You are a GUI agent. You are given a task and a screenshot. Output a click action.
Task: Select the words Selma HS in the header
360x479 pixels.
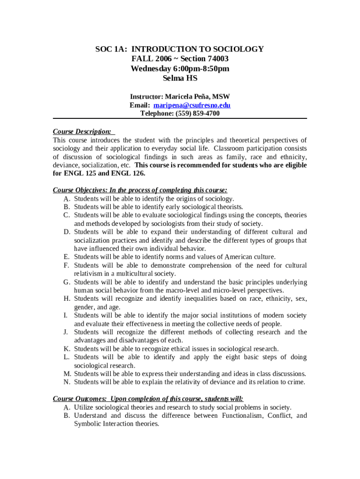click(x=180, y=79)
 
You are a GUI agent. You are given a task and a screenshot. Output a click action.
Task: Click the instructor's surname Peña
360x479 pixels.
click(x=202, y=97)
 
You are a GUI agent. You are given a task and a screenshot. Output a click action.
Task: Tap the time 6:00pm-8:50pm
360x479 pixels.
click(x=200, y=69)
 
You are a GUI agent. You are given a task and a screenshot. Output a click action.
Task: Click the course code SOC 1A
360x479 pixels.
click(x=111, y=49)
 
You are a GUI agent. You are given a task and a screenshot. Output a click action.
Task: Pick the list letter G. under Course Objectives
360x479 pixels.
click(x=67, y=282)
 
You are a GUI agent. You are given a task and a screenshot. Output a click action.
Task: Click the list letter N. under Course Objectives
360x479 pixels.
click(x=67, y=382)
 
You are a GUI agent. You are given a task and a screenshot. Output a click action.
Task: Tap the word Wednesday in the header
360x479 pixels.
click(x=151, y=69)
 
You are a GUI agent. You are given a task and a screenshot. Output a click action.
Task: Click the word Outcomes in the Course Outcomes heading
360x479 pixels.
click(x=89, y=399)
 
